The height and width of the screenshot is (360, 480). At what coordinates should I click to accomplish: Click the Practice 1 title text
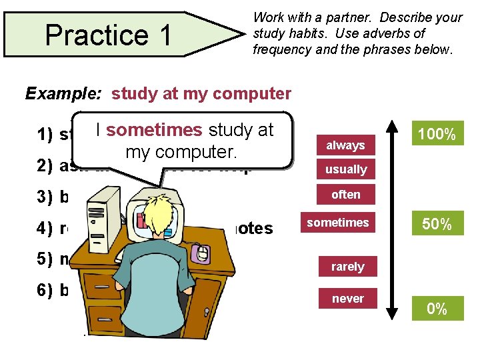[108, 35]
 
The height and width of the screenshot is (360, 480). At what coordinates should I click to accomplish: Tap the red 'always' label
[345, 145]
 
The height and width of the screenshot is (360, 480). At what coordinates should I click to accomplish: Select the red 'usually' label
[345, 169]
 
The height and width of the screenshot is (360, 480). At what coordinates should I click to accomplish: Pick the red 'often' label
[345, 195]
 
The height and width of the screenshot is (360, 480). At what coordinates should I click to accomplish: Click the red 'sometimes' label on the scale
[338, 223]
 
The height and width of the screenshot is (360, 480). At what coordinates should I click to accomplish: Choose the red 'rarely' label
[347, 267]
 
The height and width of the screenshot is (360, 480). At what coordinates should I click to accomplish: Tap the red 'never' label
[347, 299]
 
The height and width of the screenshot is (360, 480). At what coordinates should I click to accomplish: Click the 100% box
[437, 134]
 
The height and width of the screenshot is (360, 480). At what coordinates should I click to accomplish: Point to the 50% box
[437, 224]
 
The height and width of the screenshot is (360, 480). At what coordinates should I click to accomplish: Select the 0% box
[437, 309]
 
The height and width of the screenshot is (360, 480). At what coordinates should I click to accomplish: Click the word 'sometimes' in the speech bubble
[153, 130]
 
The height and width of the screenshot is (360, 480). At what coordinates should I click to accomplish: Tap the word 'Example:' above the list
[65, 94]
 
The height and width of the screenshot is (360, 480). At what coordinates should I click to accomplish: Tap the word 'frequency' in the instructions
[281, 49]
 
